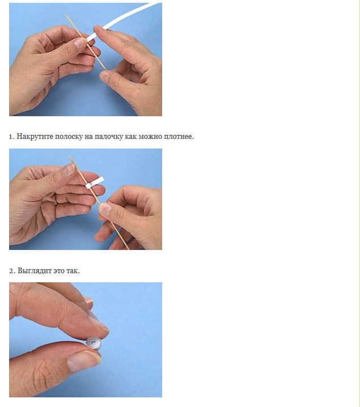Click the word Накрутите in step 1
coord(35,137)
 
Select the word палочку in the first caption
coord(108,137)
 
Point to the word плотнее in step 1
coord(179,137)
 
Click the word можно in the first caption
coord(150,137)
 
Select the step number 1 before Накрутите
coord(11,137)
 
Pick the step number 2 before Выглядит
coord(12,271)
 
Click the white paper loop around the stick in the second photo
coord(95,183)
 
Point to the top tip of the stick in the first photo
coord(66,15)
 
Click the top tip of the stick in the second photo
coord(70,157)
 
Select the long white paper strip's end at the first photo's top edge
coord(155,4)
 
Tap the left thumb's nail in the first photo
coord(80,43)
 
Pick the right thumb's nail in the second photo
coord(105,209)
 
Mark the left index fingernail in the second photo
coord(69,169)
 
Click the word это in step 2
coord(59,271)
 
